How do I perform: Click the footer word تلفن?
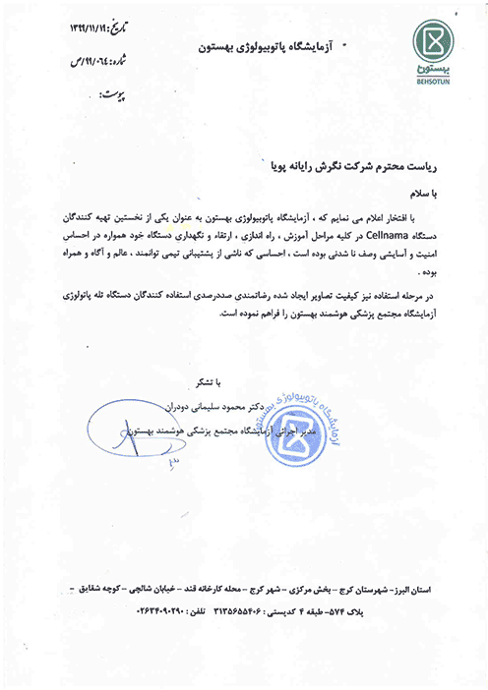[x=181, y=609]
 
